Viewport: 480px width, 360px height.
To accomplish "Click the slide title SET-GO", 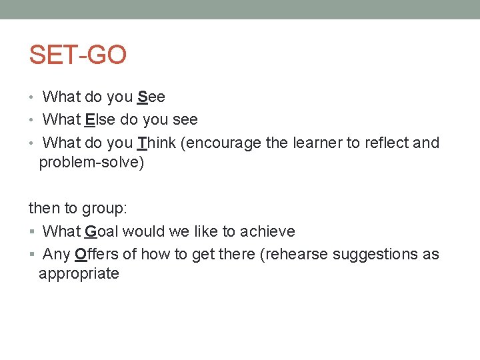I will click(x=77, y=55).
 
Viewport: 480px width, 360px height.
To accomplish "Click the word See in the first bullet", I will click(x=151, y=97).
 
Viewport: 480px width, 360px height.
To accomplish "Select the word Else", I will click(x=101, y=120).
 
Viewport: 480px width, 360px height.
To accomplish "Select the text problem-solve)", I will click(x=91, y=163).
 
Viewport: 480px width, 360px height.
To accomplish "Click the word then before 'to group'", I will click(x=44, y=209).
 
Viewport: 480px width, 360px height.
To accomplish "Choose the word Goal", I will click(x=101, y=232).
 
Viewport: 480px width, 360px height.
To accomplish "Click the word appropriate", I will click(x=79, y=273).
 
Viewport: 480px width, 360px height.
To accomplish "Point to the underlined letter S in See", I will click(x=142, y=97).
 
